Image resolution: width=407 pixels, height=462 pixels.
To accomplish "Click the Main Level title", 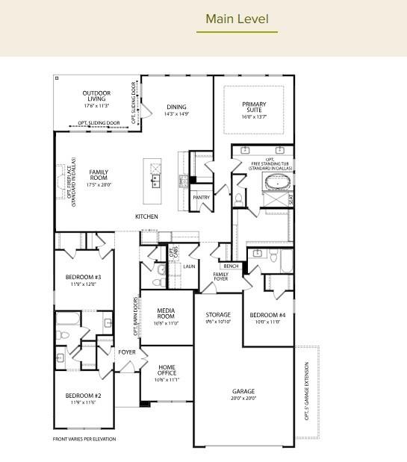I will (237, 18).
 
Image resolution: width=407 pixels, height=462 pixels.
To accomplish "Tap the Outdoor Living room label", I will (96, 97).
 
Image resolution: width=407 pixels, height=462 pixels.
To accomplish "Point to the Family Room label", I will (99, 175).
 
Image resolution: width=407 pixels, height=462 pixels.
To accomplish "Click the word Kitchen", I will (146, 216).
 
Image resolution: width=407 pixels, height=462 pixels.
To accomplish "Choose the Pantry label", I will (201, 197).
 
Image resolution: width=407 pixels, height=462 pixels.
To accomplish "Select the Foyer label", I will (127, 352).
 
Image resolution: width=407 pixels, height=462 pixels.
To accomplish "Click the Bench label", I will (231, 266).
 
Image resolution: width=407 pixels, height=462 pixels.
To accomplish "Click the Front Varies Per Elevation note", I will (84, 439).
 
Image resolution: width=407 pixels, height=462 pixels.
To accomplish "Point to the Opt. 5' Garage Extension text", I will (307, 391).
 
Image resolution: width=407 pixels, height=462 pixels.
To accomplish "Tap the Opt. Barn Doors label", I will (135, 316).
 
